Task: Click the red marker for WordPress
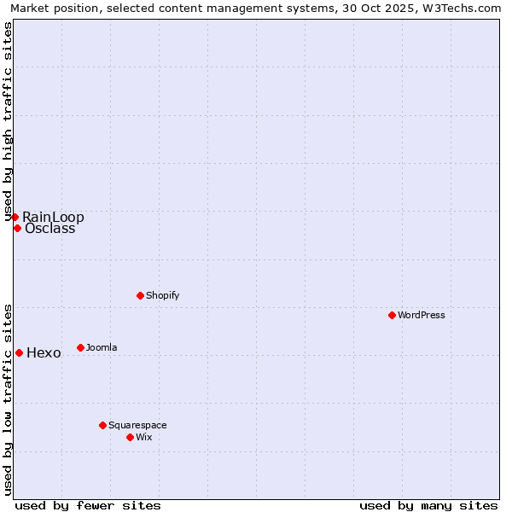[392, 315]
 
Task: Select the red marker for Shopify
[140, 295]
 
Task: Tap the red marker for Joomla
[80, 347]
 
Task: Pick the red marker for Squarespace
[102, 425]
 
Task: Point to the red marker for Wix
[130, 437]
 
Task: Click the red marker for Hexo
[19, 352]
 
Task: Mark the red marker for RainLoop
[15, 217]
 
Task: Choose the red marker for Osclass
[17, 228]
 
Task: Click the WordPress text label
[422, 315]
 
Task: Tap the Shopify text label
[163, 295]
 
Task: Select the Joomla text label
[102, 347]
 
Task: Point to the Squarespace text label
[137, 425]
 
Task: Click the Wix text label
[143, 437]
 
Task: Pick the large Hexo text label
[44, 353]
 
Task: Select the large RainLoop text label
[53, 217]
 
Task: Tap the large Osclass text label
[49, 229]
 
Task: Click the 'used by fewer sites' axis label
[88, 505]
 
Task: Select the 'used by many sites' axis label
[428, 505]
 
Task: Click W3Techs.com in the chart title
[462, 8]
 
